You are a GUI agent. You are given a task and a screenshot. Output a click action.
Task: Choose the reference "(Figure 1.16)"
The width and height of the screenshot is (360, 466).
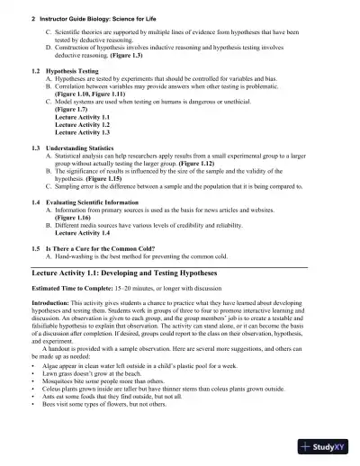click(x=75, y=219)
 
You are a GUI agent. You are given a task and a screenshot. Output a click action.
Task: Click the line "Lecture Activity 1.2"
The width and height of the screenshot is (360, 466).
click(x=82, y=125)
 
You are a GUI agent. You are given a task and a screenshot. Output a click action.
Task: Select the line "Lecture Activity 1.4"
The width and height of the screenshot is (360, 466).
click(x=82, y=233)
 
